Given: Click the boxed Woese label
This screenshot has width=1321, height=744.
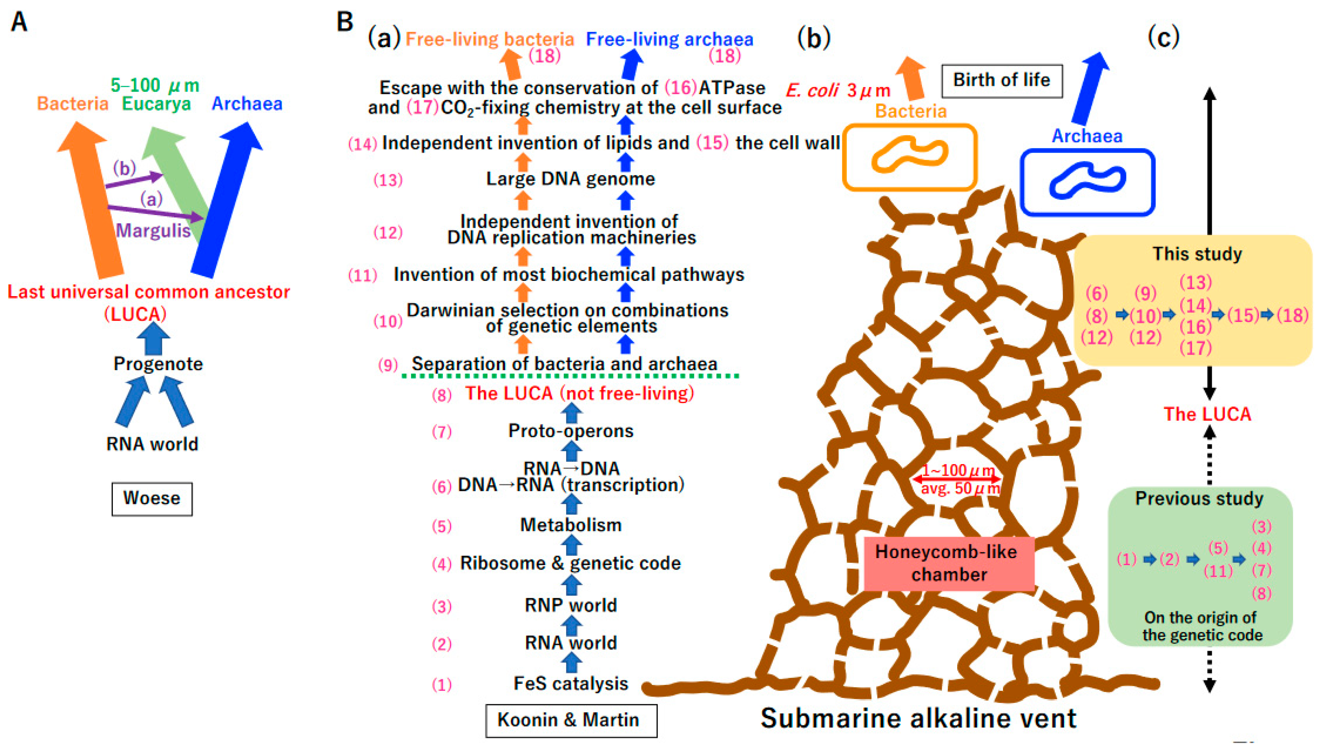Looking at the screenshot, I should point(152,498).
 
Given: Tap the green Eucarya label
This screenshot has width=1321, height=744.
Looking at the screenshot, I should point(156,104).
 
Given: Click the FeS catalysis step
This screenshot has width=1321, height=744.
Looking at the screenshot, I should point(571,684).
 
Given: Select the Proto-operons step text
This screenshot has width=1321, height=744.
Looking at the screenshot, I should point(571,431).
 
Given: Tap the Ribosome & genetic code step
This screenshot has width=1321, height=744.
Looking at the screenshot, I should point(570,563).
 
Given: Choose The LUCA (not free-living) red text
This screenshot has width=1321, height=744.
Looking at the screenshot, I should point(579,393).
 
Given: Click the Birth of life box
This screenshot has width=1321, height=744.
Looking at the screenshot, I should point(1002,80).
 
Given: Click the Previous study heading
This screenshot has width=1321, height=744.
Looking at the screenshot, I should point(1199,498).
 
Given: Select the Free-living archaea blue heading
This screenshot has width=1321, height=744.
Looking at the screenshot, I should point(669,40).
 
